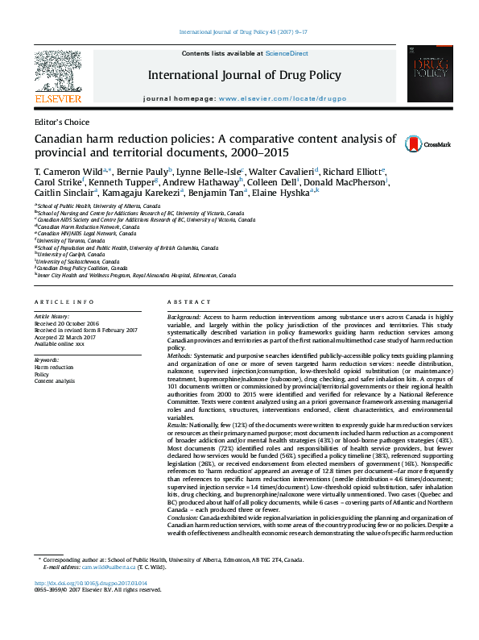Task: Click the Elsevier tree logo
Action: (x=56, y=71)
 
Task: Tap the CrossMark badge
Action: (x=427, y=144)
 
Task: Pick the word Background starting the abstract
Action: (x=184, y=318)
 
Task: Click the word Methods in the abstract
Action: (x=180, y=355)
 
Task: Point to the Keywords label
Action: (x=47, y=359)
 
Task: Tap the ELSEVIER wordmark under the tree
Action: (x=57, y=100)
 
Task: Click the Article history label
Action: (x=52, y=317)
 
